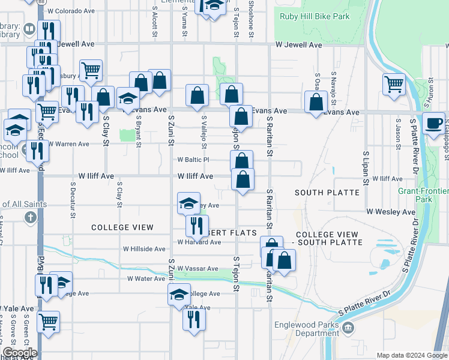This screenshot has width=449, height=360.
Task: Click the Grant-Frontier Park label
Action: pyautogui.click(x=423, y=194)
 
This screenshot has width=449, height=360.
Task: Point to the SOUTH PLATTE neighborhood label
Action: pyautogui.click(x=327, y=193)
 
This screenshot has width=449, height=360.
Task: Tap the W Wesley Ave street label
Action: pyautogui.click(x=391, y=212)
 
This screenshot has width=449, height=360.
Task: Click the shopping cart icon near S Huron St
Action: pyautogui.click(x=394, y=84)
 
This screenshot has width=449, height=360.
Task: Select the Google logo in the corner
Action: pyautogui.click(x=19, y=353)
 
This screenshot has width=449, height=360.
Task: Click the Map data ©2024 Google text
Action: pyautogui.click(x=411, y=355)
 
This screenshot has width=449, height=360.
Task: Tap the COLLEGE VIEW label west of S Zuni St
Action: pyautogui.click(x=122, y=228)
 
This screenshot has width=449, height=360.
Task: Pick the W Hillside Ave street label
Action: pyautogui.click(x=144, y=248)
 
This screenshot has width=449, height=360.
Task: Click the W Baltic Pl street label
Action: pyautogui.click(x=193, y=160)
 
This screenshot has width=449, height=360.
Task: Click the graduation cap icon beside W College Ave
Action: pyautogui.click(x=179, y=295)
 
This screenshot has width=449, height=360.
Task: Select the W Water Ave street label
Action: pyautogui.click(x=146, y=279)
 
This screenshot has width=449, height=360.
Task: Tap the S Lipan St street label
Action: pyautogui.click(x=365, y=167)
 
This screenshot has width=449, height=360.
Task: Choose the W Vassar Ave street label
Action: pyautogui.click(x=197, y=269)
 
